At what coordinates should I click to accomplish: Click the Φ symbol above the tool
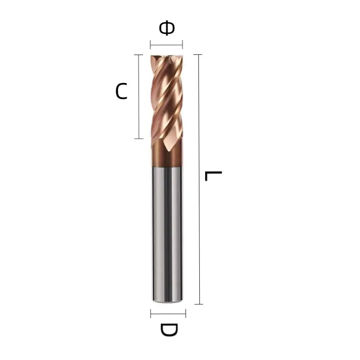[x=166, y=28]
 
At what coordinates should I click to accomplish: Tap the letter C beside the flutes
[x=121, y=91]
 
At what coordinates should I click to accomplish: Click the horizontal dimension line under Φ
[x=166, y=44]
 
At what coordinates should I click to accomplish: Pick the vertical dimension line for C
[x=139, y=96]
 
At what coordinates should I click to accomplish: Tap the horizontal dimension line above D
[x=168, y=313]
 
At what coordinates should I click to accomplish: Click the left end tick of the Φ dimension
[x=150, y=44]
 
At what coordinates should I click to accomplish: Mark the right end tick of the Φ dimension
[x=183, y=44]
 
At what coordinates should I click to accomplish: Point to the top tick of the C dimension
[x=139, y=54]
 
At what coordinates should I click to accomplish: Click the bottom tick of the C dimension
[x=139, y=138]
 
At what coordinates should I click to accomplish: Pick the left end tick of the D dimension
[x=151, y=313]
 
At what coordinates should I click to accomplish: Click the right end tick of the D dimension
[x=185, y=313]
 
